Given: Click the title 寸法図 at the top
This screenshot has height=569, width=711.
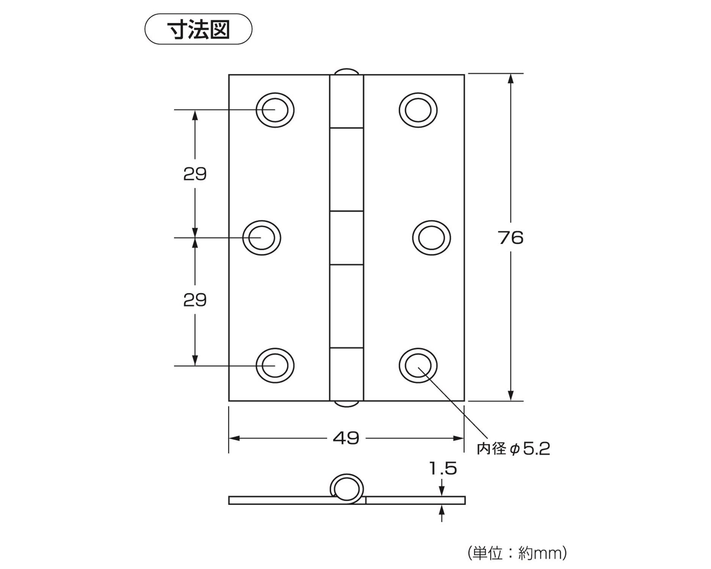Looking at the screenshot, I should click(x=198, y=29).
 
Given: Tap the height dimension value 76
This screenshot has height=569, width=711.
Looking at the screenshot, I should click(x=510, y=238).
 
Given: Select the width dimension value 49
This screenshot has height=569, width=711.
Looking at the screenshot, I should click(x=346, y=439).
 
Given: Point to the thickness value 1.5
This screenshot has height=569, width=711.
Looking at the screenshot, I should click(x=443, y=469).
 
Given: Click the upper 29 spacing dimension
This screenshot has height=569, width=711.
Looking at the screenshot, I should click(x=195, y=174).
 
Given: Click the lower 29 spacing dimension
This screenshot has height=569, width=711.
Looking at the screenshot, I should click(x=195, y=300).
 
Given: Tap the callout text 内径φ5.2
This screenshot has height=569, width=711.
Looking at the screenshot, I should click(x=513, y=449).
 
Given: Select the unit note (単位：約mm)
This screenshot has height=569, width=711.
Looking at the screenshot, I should click(x=517, y=553).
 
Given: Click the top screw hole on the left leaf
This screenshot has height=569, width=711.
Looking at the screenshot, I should click(x=275, y=110).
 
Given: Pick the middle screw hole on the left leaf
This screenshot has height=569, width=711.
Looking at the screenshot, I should click(x=262, y=238).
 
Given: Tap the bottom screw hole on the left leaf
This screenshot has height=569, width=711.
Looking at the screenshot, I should click(x=275, y=366).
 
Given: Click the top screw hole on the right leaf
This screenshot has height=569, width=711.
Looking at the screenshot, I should click(x=418, y=110).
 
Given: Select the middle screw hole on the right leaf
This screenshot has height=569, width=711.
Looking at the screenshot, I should click(x=432, y=238).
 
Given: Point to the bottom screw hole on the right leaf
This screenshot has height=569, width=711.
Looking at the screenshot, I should click(x=418, y=366).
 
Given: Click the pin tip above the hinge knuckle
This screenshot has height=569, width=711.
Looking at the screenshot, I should click(x=347, y=72).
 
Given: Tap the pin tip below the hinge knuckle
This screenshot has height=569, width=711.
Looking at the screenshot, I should click(x=347, y=404).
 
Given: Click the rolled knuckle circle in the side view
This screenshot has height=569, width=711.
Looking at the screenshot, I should click(x=347, y=488).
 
